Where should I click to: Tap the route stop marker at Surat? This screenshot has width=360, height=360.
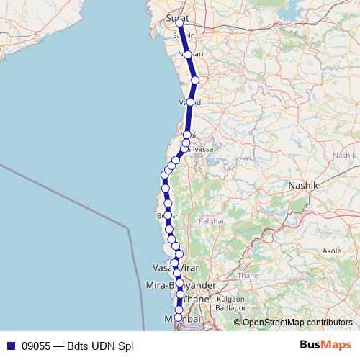pos(179,24)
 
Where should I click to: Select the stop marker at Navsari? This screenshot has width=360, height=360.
pos(187,55)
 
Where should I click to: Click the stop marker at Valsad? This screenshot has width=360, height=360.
pos(190,102)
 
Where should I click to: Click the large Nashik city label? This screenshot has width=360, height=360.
pos(302,185)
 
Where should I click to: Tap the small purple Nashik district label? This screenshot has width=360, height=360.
pos(344,155)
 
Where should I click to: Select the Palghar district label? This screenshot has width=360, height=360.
pos(212,221)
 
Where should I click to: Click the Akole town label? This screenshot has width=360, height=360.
pos(332,251)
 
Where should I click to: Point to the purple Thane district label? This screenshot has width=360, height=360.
pos(248,275)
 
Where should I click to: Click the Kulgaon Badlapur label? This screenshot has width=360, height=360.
pos(231,302)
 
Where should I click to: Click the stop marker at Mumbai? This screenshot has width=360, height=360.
pos(179,318)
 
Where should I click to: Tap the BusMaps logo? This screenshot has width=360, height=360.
pos(325,345)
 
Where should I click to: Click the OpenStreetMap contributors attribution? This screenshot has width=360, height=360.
pos(297,323)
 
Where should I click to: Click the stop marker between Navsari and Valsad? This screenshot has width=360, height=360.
pos(195,80)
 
